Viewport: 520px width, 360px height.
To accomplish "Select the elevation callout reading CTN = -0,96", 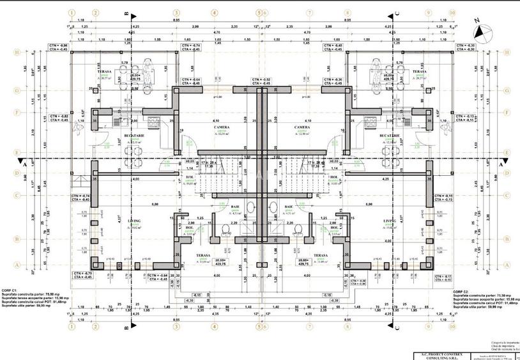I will (58, 47).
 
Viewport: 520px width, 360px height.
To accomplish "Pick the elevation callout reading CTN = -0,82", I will (58, 118).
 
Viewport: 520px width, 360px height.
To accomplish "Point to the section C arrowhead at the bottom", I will (397, 326).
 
